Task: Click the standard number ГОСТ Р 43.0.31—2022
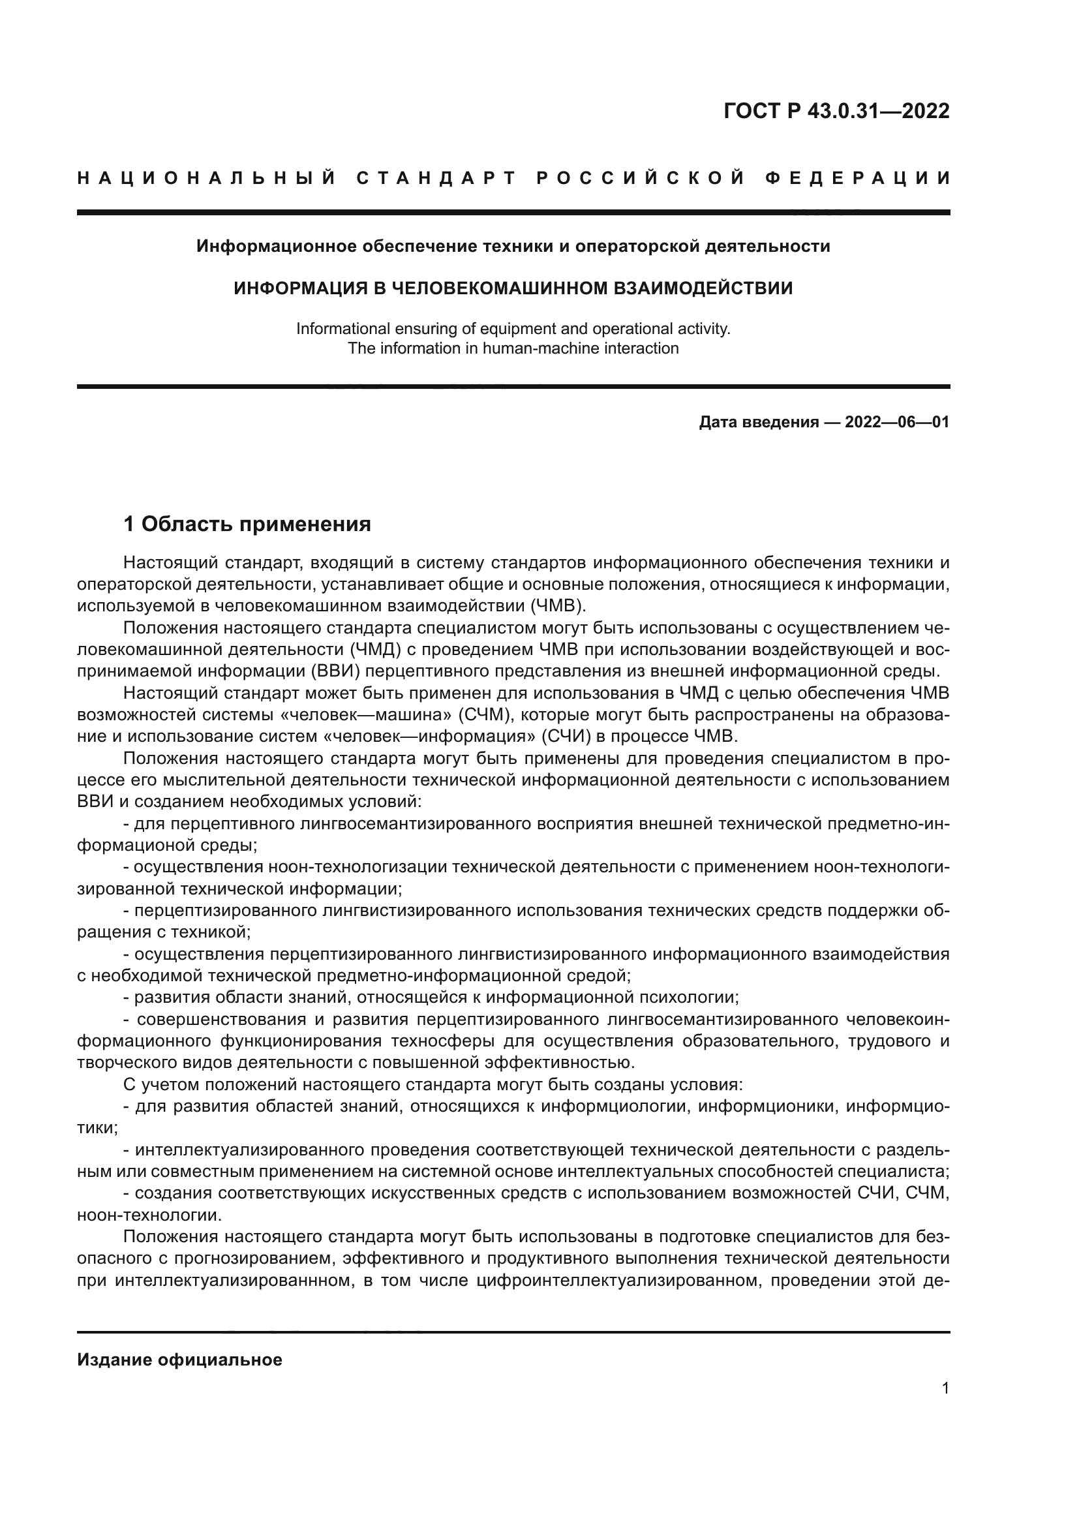(x=836, y=111)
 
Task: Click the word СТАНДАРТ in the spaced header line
(x=436, y=178)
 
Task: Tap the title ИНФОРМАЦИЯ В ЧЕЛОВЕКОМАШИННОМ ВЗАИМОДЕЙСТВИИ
(x=513, y=288)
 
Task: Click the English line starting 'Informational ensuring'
(x=513, y=328)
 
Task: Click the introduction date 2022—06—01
(x=897, y=422)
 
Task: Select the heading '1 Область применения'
(x=247, y=525)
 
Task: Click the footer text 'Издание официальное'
(x=179, y=1360)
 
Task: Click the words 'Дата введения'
(x=758, y=422)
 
